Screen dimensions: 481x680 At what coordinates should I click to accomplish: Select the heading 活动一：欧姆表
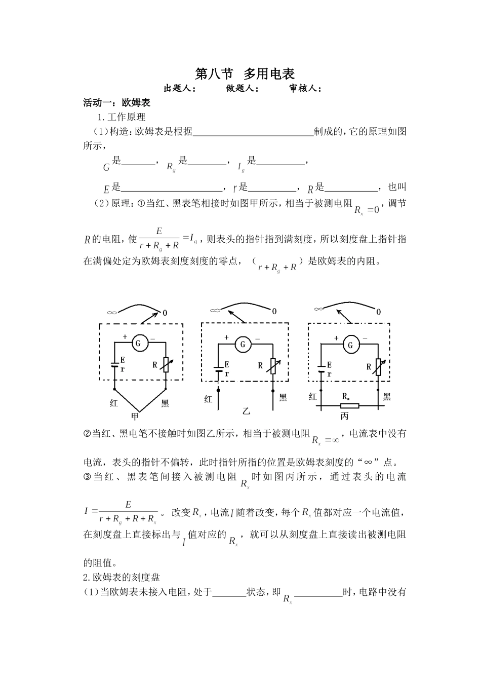click(x=117, y=103)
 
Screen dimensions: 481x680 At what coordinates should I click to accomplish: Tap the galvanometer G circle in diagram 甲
click(x=140, y=343)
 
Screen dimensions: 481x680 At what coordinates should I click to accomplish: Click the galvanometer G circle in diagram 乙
click(x=243, y=345)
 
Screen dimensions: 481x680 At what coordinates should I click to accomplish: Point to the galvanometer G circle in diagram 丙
click(x=350, y=345)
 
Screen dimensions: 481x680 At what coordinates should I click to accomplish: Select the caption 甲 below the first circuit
click(x=135, y=417)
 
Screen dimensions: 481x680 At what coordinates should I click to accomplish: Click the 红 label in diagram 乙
click(x=208, y=399)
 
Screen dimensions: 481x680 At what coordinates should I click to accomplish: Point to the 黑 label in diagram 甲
click(x=165, y=404)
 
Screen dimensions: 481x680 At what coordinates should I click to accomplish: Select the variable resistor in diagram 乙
click(x=273, y=366)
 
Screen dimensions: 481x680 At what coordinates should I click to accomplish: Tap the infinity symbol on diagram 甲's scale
click(x=112, y=313)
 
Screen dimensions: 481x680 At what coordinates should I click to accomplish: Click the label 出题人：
click(x=180, y=89)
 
